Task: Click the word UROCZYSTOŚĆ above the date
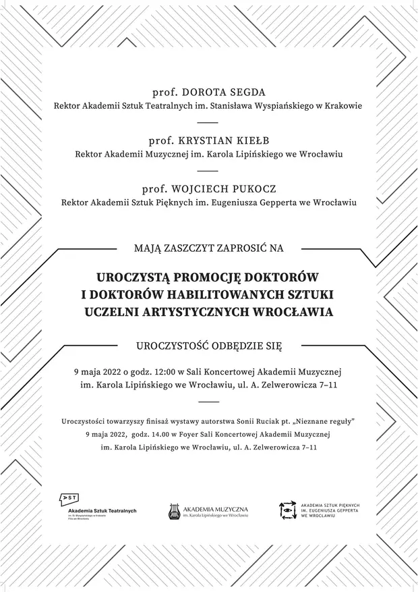(171, 346)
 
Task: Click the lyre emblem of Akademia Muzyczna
(174, 512)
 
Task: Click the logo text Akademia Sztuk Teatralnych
(102, 511)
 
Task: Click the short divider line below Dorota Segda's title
(208, 123)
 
